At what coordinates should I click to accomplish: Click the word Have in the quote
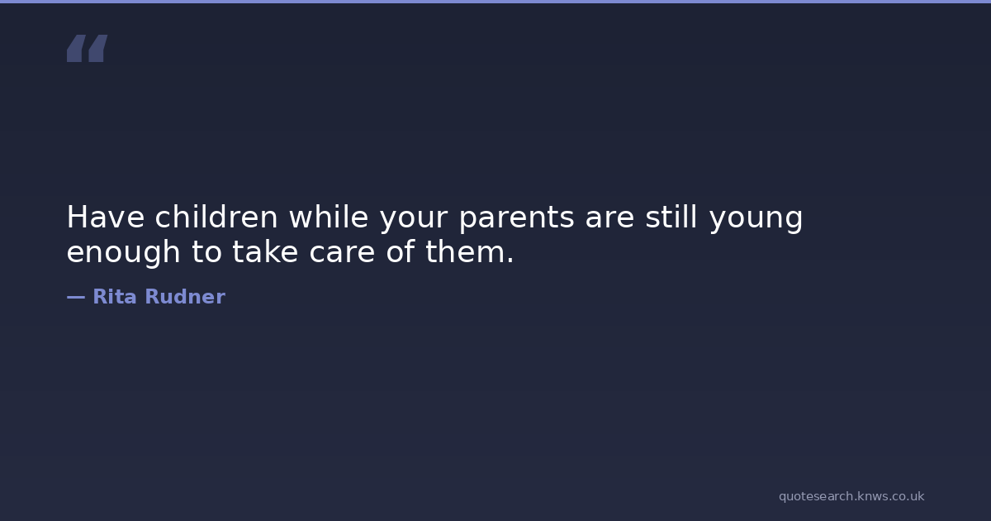tap(106, 217)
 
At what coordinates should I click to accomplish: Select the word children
tap(216, 216)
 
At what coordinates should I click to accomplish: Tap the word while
tap(329, 216)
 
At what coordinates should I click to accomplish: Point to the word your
tap(414, 220)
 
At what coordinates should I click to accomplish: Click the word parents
tap(517, 219)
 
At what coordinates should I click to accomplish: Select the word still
tap(671, 216)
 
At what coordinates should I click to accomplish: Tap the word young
tap(756, 220)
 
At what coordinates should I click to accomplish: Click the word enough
tap(123, 252)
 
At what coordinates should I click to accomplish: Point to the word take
tap(265, 251)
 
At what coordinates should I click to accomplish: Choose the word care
tap(342, 253)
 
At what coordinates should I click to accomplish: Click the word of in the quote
tap(401, 251)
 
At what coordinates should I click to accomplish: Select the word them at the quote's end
tap(465, 251)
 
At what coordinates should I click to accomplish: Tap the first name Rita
tap(115, 296)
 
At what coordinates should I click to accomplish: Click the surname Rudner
tap(185, 296)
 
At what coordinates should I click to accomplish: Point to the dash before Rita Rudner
tap(76, 297)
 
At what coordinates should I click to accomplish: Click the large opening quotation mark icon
tap(88, 48)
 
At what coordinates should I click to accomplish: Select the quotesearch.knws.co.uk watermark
tap(851, 496)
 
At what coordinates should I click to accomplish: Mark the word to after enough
tap(206, 251)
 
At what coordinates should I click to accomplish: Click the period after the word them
tap(511, 260)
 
